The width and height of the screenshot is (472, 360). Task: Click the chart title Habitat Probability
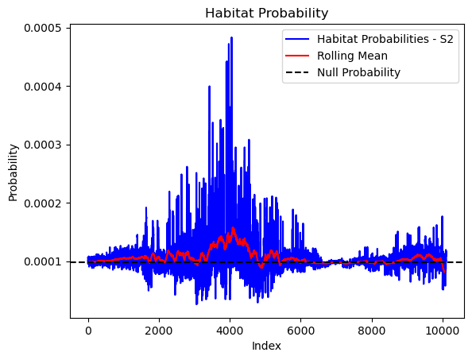tap(266, 14)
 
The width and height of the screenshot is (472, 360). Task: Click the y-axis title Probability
tap(13, 172)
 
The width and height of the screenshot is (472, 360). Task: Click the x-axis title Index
tap(266, 346)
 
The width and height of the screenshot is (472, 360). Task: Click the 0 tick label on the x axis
tap(88, 331)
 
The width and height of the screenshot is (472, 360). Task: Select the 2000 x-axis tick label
tap(159, 331)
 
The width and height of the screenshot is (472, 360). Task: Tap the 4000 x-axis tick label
tap(230, 331)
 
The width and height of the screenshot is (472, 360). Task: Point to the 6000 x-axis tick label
tap(300, 331)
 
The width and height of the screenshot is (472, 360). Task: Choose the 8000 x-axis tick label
tap(371, 331)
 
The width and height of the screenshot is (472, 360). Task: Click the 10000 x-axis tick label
tap(443, 331)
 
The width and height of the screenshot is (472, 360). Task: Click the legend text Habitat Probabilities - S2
tap(385, 39)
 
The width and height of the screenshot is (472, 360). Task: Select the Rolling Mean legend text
tap(352, 56)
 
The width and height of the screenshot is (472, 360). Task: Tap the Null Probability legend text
tap(358, 72)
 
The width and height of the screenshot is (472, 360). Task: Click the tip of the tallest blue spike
tap(231, 37)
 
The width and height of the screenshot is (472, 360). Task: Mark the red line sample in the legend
tap(297, 56)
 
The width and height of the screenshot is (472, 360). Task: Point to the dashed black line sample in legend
tap(297, 72)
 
